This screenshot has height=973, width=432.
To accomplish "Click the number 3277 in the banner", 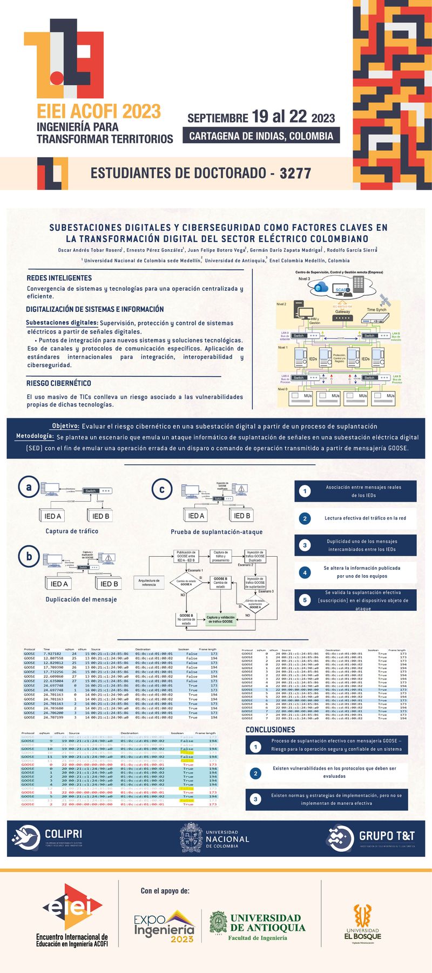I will pos(295,174).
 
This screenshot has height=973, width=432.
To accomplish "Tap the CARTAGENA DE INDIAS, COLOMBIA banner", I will pos(261,136).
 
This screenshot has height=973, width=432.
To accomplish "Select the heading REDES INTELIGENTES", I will pos(59,278).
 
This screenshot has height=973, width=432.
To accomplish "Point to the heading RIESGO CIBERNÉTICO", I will pos(59,383).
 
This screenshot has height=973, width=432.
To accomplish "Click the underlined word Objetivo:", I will pos(66,426).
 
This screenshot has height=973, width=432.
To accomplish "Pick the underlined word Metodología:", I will pos(35,436).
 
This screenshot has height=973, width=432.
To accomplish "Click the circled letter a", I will pos(29,487).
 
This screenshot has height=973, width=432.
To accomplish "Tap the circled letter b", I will pos(29,556).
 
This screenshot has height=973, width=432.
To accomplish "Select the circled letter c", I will pos(162,489).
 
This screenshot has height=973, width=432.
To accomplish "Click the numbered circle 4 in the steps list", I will pos(305,572).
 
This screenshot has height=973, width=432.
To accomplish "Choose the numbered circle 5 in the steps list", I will pos(305,600).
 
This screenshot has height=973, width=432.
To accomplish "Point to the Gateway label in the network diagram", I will pos(342,311).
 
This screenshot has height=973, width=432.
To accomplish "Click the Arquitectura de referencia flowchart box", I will pos(149,582).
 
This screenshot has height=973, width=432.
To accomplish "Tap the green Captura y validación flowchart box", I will pos(220,619).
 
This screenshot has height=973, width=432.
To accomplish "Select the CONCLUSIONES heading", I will pos(271,730).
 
